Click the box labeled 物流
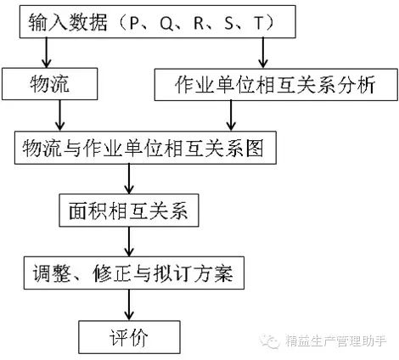pos(50,84)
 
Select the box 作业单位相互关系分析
pos(276,84)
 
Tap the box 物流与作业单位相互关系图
pos(145,148)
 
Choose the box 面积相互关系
pos(129,211)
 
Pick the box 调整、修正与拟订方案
pos(134,273)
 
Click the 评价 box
pos(129,337)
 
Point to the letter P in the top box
pos(135,23)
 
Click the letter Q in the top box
pos(166,23)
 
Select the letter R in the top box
pos(199,23)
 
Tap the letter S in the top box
pos(229,23)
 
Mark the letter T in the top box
pos(259,23)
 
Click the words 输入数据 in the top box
pos(68,23)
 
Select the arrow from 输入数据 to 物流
pos(46,53)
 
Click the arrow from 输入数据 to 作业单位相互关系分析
pos(263,53)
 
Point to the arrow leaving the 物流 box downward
pos(59,115)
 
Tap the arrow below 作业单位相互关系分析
pos(231,115)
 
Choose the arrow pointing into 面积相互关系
pos(129,179)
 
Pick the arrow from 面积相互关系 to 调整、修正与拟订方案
pos(129,242)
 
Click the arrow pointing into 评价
pos(129,305)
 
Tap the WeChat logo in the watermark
pos(270,340)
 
